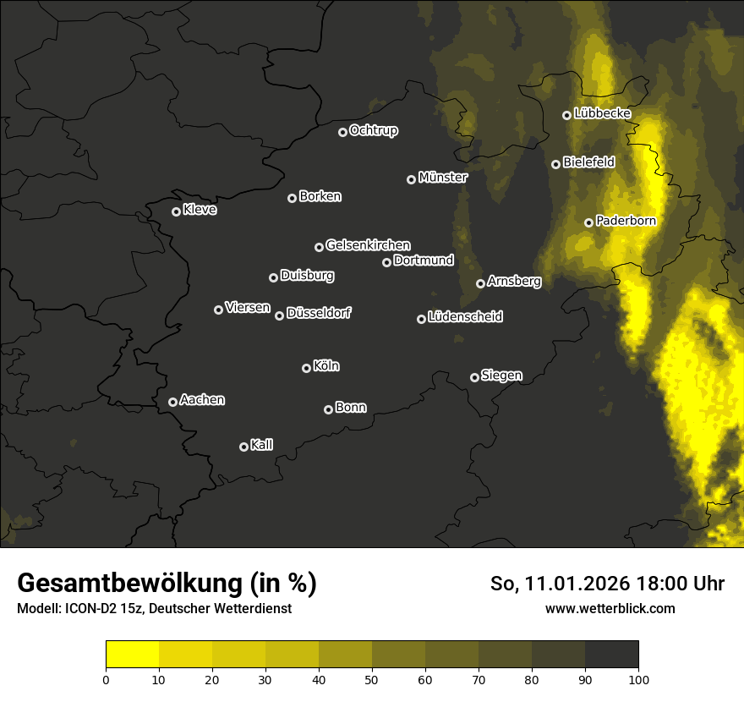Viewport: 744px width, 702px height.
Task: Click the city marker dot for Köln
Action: click(x=306, y=368)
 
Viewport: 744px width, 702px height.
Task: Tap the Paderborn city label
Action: click(x=626, y=221)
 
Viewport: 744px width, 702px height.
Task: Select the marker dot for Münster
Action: click(x=411, y=179)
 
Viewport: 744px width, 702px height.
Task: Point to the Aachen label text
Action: click(x=202, y=400)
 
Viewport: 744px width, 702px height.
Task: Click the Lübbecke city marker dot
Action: click(x=566, y=115)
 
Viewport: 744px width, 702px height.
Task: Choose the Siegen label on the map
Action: click(x=501, y=376)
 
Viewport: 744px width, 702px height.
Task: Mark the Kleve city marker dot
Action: click(x=176, y=211)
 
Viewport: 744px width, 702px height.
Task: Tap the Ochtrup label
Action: click(x=373, y=130)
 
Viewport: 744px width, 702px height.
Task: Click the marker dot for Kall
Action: click(x=243, y=447)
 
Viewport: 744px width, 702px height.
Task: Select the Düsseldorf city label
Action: click(x=319, y=313)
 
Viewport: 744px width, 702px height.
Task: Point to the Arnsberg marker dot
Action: click(x=480, y=283)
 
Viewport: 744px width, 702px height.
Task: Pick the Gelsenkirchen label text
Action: click(x=368, y=245)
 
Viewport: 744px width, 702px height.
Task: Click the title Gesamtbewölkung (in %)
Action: click(x=167, y=583)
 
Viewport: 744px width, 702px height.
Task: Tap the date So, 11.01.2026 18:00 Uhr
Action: click(x=607, y=584)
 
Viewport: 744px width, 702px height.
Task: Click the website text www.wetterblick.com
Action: click(x=610, y=608)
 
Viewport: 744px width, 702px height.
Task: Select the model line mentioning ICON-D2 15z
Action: click(x=154, y=608)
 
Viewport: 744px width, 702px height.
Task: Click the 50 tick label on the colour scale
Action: click(x=372, y=678)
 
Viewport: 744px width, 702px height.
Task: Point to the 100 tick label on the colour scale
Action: click(x=637, y=678)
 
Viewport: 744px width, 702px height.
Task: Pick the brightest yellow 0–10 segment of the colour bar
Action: click(x=132, y=654)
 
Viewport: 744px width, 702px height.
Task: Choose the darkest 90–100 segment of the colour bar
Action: click(x=611, y=654)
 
